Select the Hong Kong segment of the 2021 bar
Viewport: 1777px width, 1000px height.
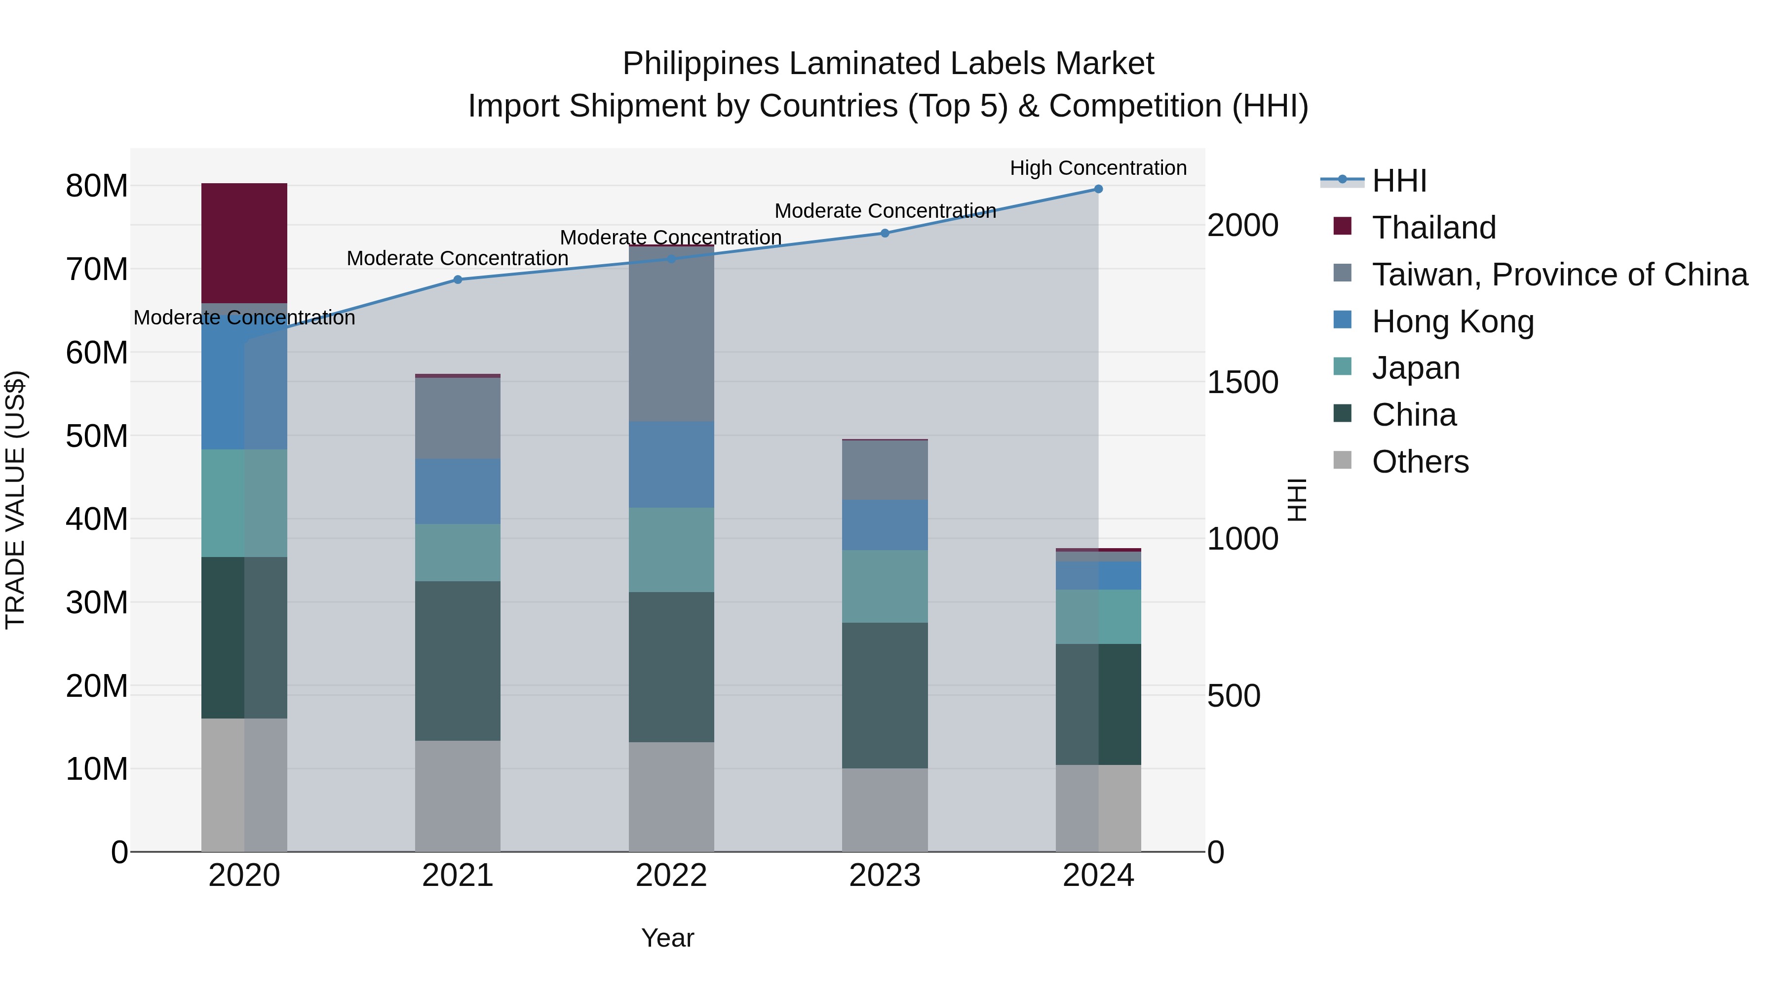pos(458,491)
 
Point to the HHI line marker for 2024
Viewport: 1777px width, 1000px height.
pos(1098,189)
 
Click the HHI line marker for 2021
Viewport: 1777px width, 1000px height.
pos(458,280)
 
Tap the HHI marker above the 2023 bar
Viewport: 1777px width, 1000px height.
pos(885,233)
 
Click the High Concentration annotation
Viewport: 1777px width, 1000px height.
pos(1098,168)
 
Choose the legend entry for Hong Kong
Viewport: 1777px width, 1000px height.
pos(1452,321)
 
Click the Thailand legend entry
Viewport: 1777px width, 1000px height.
pos(1433,228)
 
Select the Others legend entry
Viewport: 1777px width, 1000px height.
pos(1420,462)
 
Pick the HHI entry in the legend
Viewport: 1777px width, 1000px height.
pos(1398,181)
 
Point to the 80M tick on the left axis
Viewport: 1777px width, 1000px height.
pos(97,186)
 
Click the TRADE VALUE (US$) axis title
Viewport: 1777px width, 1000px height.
pos(15,500)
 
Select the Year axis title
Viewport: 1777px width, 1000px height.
pos(667,938)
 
